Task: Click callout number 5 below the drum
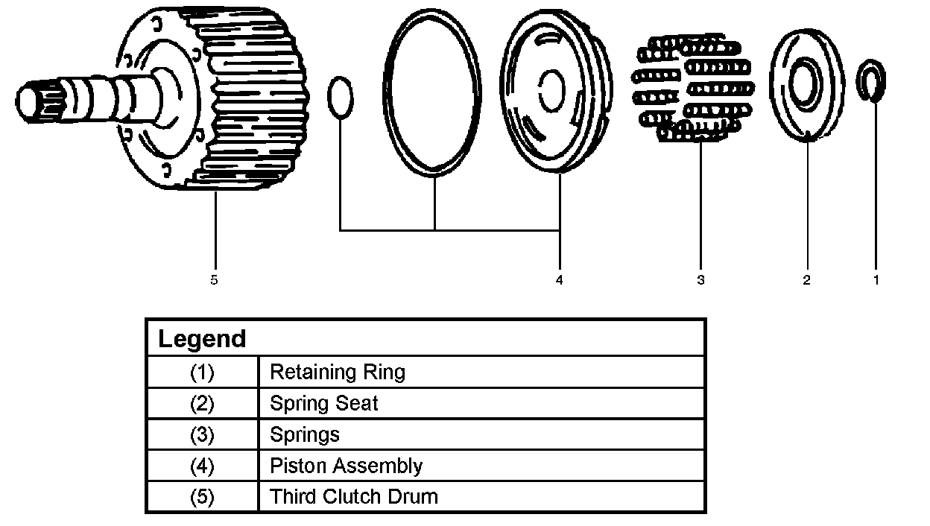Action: pyautogui.click(x=214, y=280)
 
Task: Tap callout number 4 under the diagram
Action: pyautogui.click(x=559, y=280)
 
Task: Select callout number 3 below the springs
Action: pyautogui.click(x=700, y=280)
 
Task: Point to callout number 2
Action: pyautogui.click(x=806, y=280)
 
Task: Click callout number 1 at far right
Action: pyautogui.click(x=876, y=280)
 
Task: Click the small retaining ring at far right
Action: pyautogui.click(x=871, y=81)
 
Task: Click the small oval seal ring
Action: pyautogui.click(x=340, y=97)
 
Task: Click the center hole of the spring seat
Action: pyautogui.click(x=805, y=83)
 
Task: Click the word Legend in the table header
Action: pyautogui.click(x=202, y=339)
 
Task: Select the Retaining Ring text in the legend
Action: pyautogui.click(x=337, y=371)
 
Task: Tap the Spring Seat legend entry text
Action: pyautogui.click(x=323, y=403)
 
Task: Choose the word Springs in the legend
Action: pyautogui.click(x=304, y=434)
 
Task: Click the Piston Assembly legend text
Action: pyautogui.click(x=346, y=466)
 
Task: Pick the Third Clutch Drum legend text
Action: pyautogui.click(x=353, y=496)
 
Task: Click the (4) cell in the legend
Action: pyautogui.click(x=202, y=466)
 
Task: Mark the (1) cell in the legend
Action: pyautogui.click(x=202, y=371)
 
